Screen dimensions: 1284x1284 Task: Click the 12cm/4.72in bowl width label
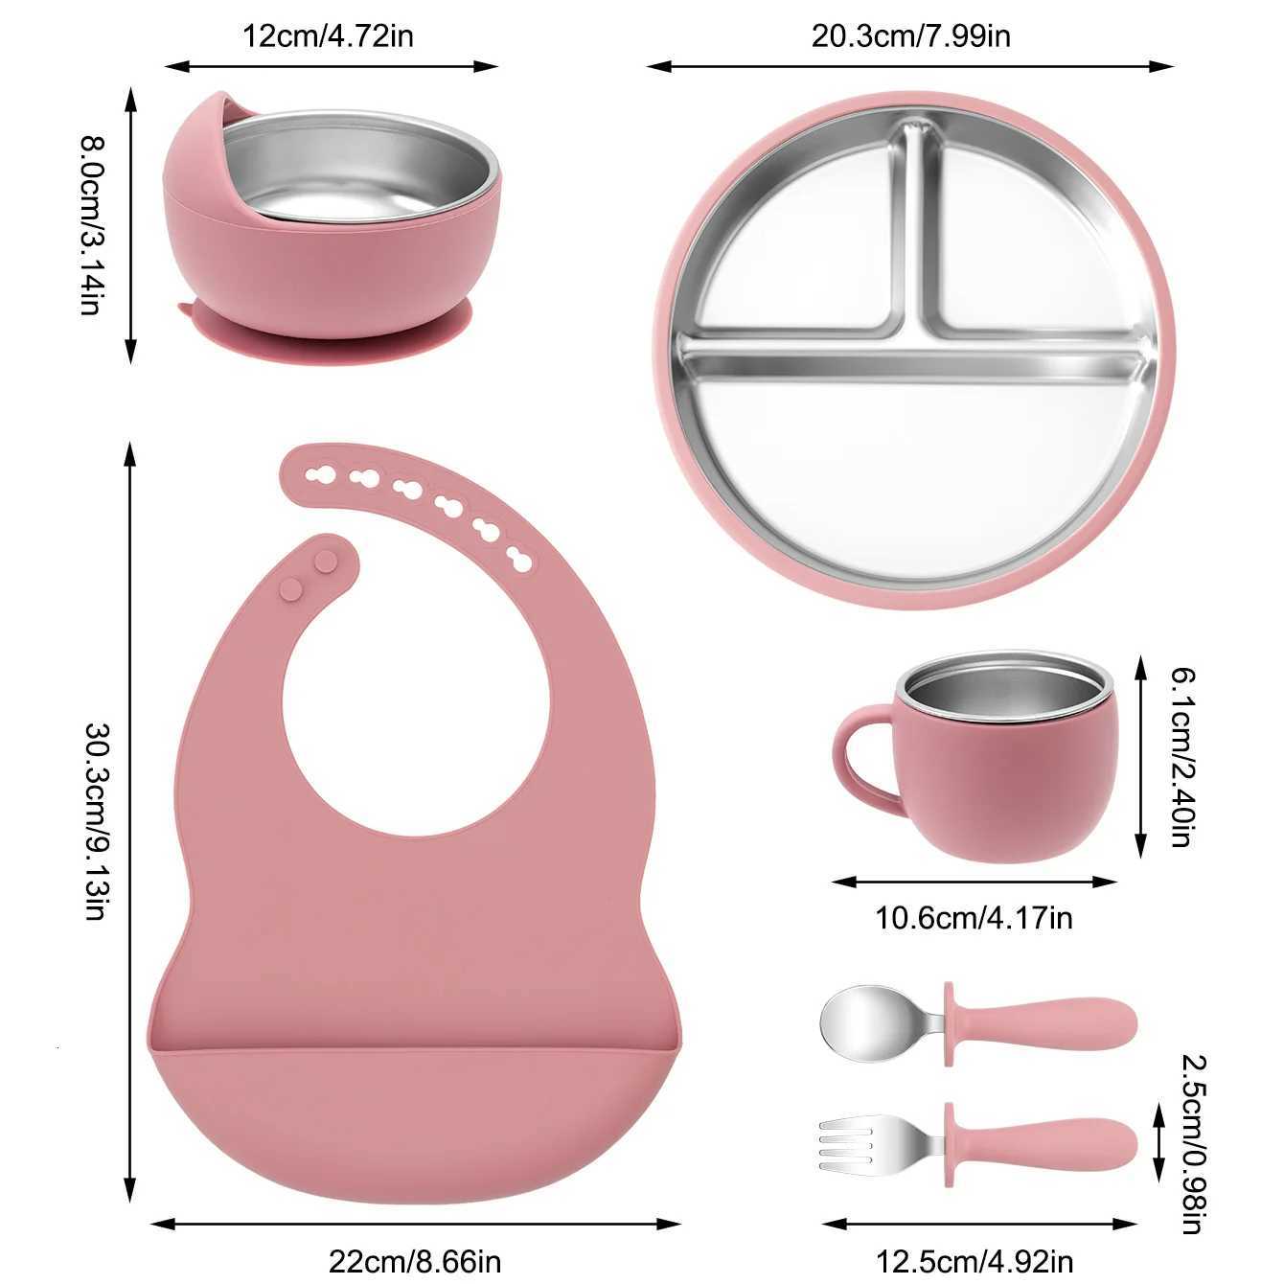click(x=328, y=37)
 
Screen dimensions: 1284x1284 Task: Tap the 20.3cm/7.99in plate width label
click(x=910, y=37)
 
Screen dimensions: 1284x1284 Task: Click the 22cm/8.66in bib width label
click(x=415, y=1260)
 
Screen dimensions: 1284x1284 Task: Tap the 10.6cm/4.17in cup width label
click(x=974, y=918)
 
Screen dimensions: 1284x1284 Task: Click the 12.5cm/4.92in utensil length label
click(x=974, y=1260)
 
